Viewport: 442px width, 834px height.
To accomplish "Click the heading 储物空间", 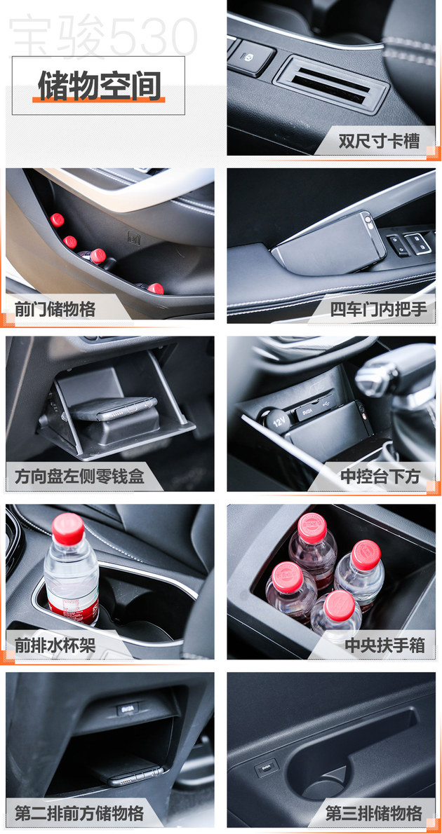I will tap(99, 86).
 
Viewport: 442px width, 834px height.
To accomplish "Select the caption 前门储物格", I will tap(55, 308).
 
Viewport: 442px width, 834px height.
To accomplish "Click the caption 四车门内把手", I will tap(379, 308).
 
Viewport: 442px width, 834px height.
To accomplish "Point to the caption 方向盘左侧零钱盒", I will tap(79, 477).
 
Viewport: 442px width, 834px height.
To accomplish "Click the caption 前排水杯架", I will tap(55, 645).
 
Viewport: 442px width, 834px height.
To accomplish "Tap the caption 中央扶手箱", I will tap(384, 645).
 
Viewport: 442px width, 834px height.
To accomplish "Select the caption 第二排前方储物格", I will tap(79, 813).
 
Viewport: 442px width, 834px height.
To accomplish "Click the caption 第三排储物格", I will tap(374, 813).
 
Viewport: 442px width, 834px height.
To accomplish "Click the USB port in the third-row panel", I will tap(266, 767).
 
